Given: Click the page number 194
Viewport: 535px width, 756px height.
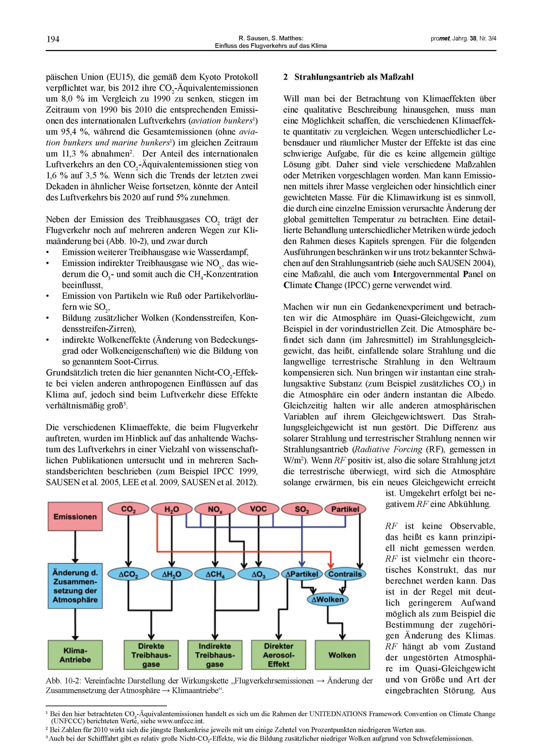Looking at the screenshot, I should pos(53,40).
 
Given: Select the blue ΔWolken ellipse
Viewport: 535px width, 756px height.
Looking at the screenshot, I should pos(327,599).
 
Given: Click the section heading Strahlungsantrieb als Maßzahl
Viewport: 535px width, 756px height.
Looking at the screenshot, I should pos(354,77).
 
